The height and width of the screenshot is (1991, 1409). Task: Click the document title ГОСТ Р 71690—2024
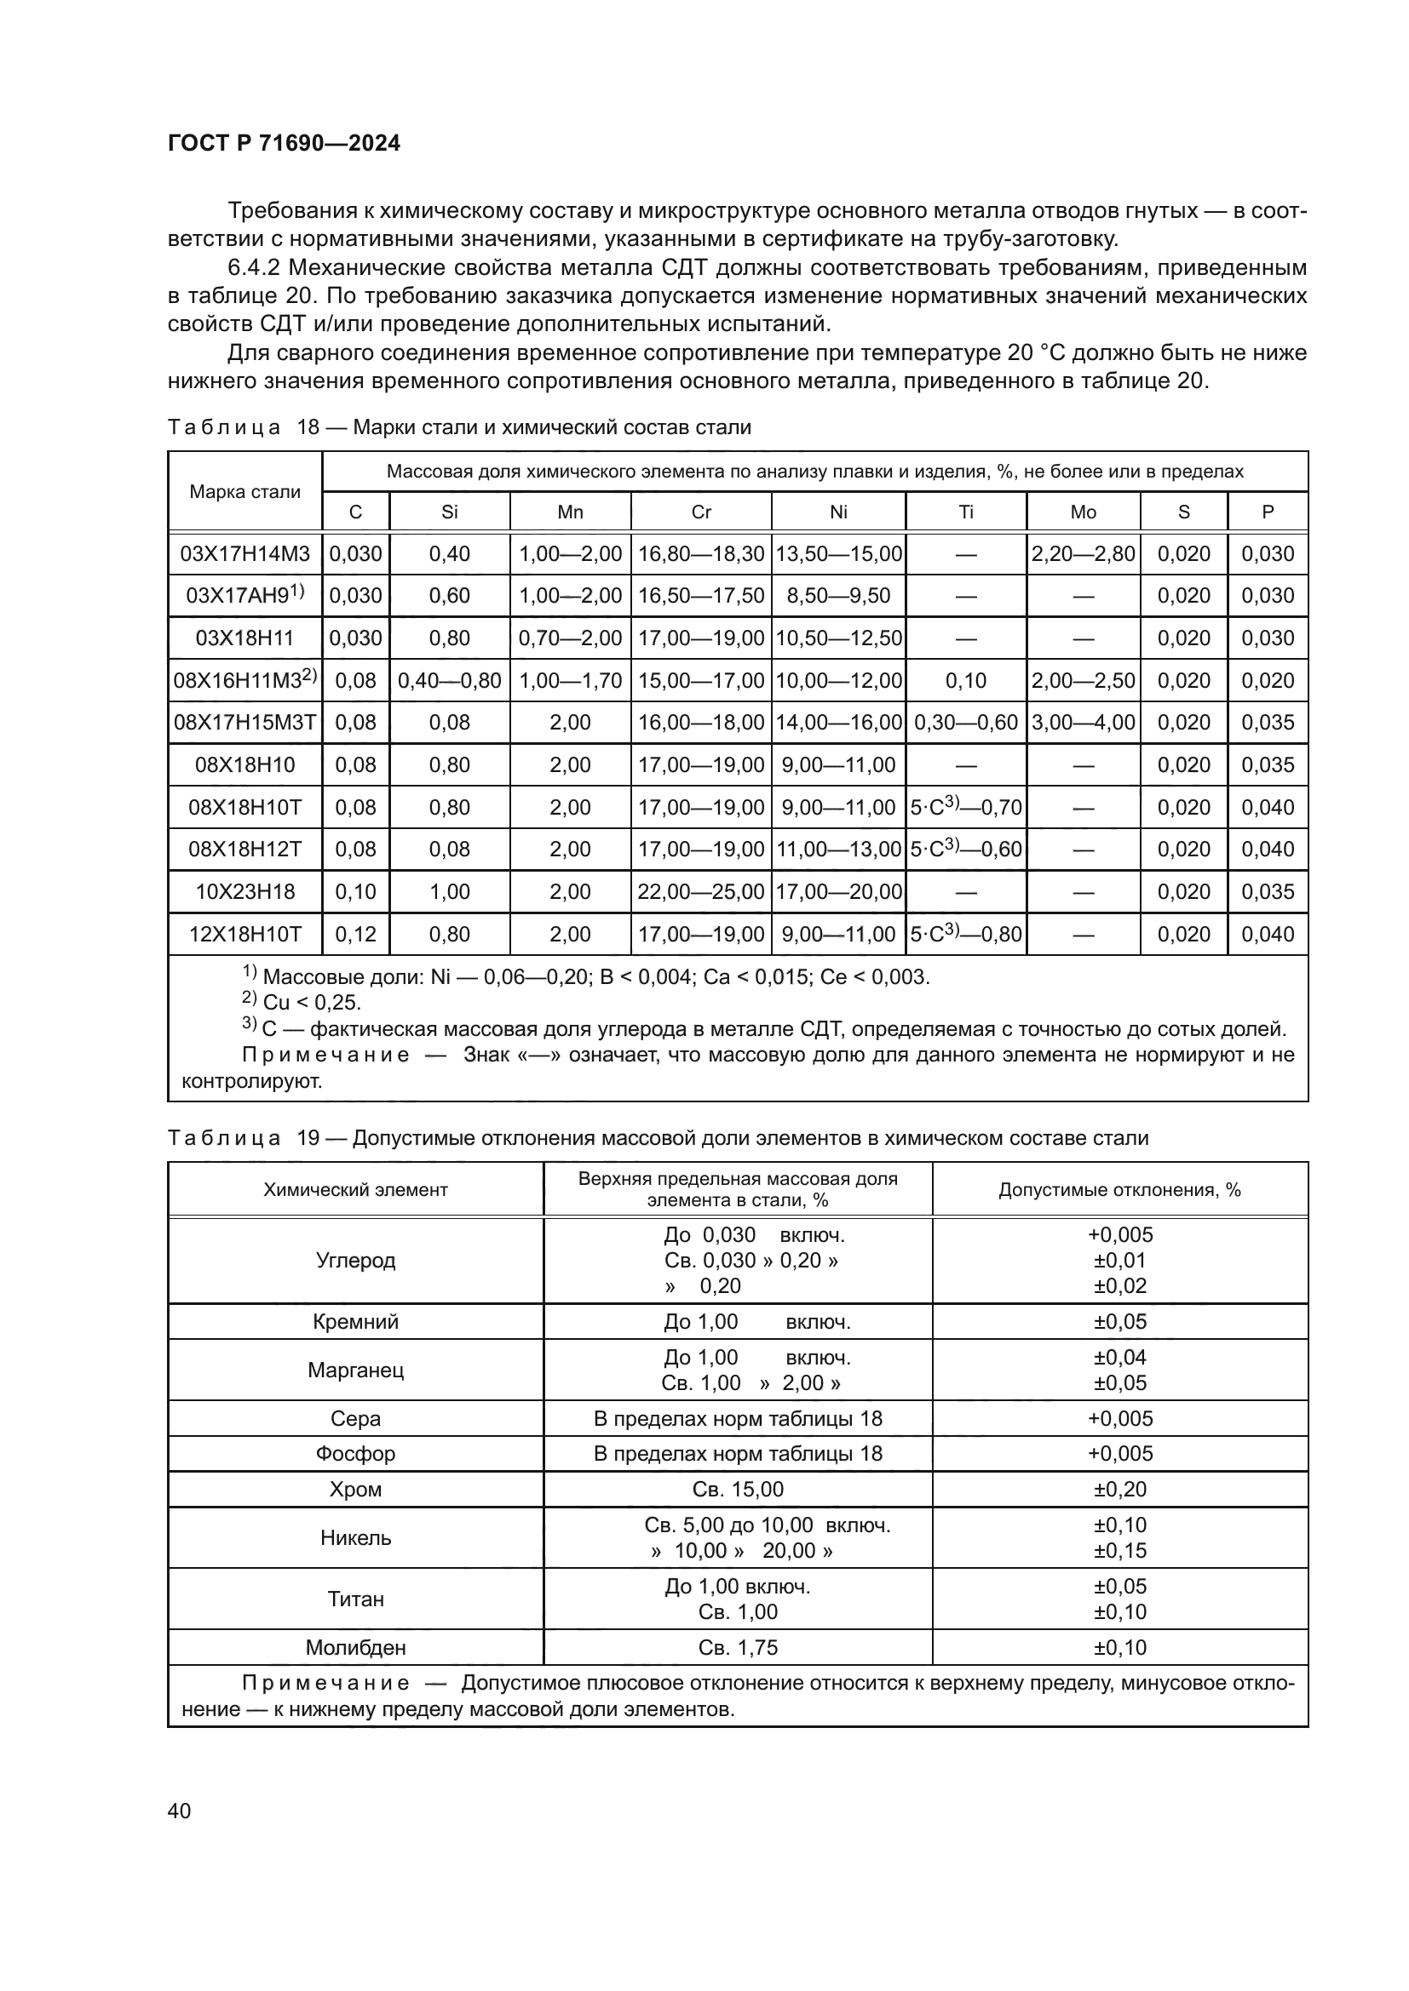pos(284,144)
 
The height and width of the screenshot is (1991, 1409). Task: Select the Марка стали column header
pos(244,492)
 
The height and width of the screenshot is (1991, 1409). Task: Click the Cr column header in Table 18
pos(701,512)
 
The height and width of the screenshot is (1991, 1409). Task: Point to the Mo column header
pos(1083,512)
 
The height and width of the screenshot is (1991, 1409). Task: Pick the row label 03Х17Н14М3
pos(244,554)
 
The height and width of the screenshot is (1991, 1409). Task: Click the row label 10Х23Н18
pos(244,891)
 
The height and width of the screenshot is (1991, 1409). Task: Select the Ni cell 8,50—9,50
pos(838,596)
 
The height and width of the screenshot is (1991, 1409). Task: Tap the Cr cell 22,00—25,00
pos(701,891)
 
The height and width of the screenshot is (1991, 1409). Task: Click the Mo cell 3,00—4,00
pos(1083,723)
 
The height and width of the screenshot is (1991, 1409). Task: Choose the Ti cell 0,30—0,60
pos(966,723)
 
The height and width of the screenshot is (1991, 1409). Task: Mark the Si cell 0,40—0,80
pos(450,681)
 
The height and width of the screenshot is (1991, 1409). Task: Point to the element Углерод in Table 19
pos(356,1261)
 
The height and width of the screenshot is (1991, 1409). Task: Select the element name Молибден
pos(356,1648)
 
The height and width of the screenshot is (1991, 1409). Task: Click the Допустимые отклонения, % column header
pos(1119,1190)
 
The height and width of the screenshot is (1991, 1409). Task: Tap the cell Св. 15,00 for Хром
pos(738,1490)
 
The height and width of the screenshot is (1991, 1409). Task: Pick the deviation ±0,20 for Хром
pos(1119,1490)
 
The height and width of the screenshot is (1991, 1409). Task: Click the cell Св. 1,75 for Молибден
pos(738,1648)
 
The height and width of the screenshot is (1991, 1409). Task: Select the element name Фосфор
pos(356,1453)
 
